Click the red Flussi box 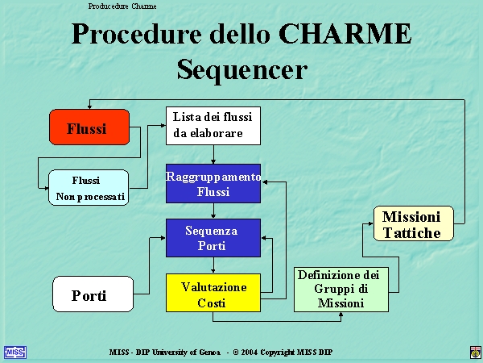click(x=89, y=127)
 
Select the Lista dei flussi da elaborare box click(x=213, y=126)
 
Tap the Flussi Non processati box click(x=89, y=187)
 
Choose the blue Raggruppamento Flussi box click(x=213, y=183)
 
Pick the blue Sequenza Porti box click(x=213, y=238)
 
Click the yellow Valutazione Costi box click(x=213, y=293)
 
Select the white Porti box click(x=93, y=294)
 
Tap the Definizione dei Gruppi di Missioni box click(x=341, y=290)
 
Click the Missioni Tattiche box click(x=414, y=223)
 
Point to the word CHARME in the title click(x=345, y=33)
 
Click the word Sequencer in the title click(x=242, y=70)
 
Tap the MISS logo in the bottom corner click(x=15, y=353)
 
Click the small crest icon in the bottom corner click(x=475, y=353)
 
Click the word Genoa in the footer click(x=209, y=353)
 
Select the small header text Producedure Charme click(x=122, y=6)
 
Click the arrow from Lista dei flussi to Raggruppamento click(x=213, y=154)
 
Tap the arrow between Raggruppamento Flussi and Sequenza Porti click(x=213, y=211)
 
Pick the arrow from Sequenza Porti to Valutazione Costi click(x=213, y=265)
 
